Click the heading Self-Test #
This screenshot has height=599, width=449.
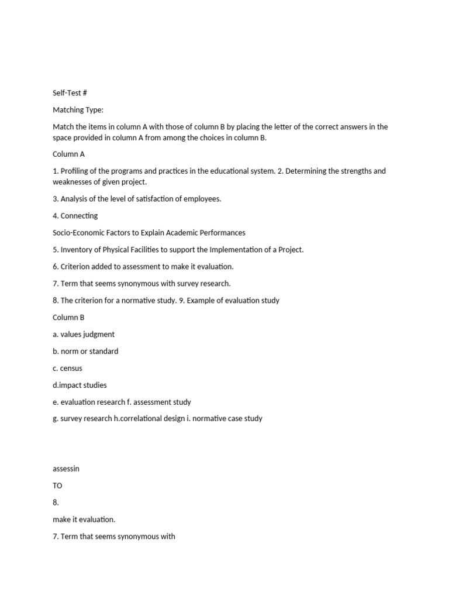[70, 93]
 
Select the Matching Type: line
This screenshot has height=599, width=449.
[78, 110]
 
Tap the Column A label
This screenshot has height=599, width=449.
[68, 154]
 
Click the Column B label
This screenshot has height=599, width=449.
[68, 317]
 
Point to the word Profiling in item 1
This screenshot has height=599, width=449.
[76, 171]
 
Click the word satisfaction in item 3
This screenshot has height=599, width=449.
[142, 199]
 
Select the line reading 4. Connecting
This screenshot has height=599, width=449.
[75, 216]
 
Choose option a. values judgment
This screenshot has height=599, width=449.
[84, 334]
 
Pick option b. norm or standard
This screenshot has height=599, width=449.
[85, 351]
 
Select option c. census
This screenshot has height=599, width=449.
[67, 368]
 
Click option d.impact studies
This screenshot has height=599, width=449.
[80, 385]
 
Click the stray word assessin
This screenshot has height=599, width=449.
[67, 469]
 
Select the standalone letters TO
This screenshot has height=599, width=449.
[57, 486]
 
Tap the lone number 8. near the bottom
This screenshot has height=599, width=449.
[56, 502]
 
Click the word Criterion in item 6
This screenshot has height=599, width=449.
[75, 267]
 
